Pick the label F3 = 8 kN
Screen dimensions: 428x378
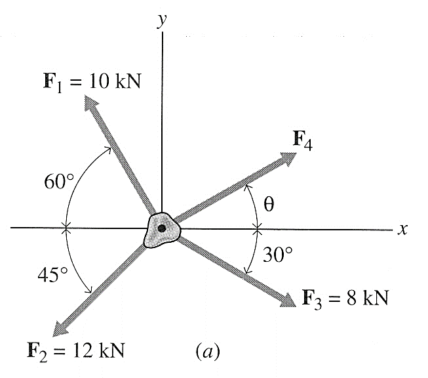coord(345,299)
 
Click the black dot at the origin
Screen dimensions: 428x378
coord(161,228)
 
